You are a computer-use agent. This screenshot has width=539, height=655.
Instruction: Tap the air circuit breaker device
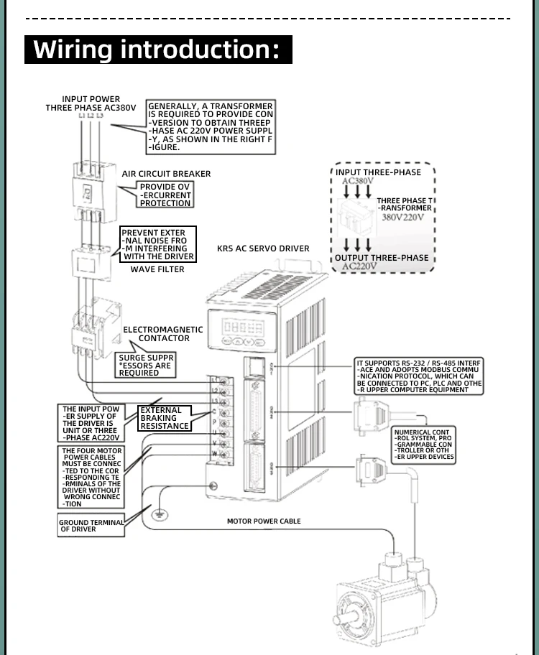tap(91, 190)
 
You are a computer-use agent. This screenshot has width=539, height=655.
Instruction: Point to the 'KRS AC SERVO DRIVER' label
tap(263, 248)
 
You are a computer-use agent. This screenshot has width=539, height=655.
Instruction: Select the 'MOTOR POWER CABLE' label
tap(264, 521)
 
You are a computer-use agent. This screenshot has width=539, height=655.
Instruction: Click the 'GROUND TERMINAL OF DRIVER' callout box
tap(91, 526)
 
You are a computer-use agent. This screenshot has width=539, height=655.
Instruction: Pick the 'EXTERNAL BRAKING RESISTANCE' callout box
tap(165, 418)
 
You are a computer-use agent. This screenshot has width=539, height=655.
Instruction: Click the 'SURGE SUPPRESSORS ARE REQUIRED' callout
tap(146, 365)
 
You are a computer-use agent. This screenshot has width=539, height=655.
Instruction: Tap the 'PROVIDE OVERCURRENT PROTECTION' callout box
tap(165, 195)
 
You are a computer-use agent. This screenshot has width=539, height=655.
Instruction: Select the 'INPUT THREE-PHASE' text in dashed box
tap(379, 172)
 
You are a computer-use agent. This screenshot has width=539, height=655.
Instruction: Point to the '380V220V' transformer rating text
tap(402, 217)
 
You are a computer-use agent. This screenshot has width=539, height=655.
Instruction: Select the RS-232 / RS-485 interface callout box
tap(419, 377)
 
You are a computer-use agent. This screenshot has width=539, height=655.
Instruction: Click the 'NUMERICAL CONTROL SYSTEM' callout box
tap(424, 445)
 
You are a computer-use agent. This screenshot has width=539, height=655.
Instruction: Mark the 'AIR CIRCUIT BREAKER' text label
tap(167, 174)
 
